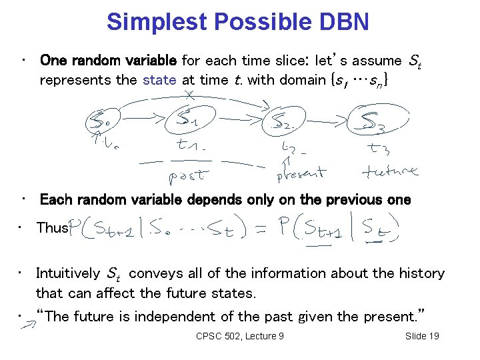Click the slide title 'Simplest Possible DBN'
[x=237, y=21]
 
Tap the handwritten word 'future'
[x=390, y=172]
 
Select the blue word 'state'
[x=159, y=81]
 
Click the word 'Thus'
[x=52, y=228]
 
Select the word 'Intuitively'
[x=69, y=273]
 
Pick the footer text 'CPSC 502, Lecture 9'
[x=239, y=336]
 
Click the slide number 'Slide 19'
[x=422, y=336]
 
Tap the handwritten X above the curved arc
[x=189, y=95]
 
